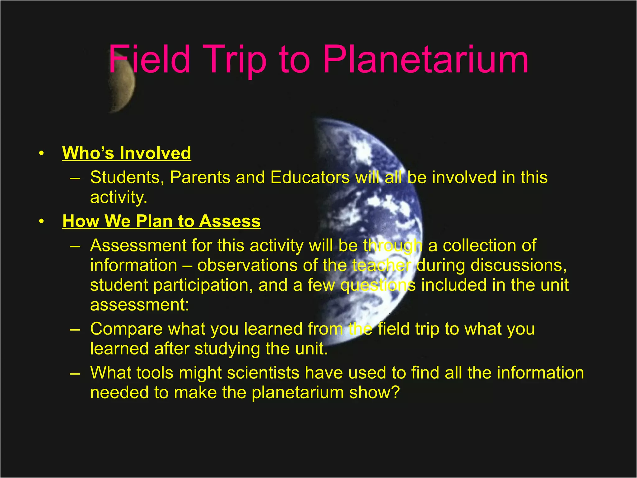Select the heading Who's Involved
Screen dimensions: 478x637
click(x=127, y=153)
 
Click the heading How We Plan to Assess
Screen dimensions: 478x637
click(x=161, y=221)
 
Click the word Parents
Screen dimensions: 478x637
click(x=200, y=177)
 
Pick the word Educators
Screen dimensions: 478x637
click(x=310, y=177)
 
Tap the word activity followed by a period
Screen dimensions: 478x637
click(x=118, y=197)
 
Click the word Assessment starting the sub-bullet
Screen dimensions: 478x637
click(x=138, y=246)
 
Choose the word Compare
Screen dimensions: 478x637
click(x=126, y=329)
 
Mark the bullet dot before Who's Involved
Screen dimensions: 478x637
click(x=41, y=153)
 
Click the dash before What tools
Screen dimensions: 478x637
click(x=75, y=373)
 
